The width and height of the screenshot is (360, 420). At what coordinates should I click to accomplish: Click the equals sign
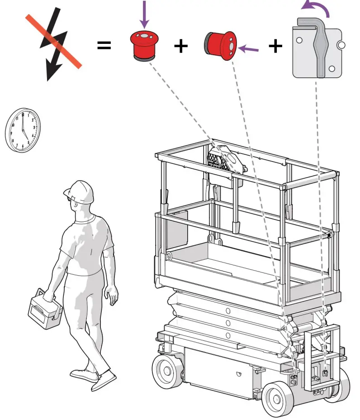tap(104, 45)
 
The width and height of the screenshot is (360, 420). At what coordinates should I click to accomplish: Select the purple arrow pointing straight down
tap(144, 14)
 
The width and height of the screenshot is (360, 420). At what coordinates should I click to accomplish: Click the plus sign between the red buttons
tap(180, 46)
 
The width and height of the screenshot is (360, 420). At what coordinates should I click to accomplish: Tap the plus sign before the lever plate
tap(275, 46)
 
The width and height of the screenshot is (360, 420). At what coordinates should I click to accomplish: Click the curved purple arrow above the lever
tap(316, 7)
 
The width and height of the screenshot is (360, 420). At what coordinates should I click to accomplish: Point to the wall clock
tap(23, 130)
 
